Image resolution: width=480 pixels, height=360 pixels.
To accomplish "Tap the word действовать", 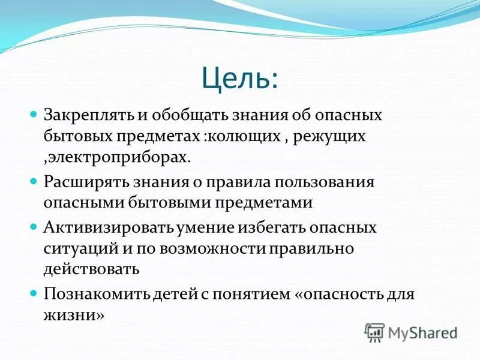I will click(x=91, y=269).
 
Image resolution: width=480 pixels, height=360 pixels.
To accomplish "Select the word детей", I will click(x=172, y=293).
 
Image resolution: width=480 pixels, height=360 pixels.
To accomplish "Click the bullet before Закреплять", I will click(x=34, y=113).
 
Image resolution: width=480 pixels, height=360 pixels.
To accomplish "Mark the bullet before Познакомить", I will click(x=34, y=293).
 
